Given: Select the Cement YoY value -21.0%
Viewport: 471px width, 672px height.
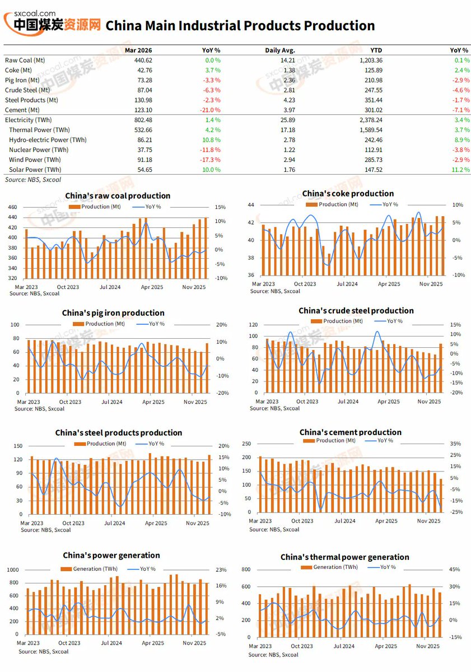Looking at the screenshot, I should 210,110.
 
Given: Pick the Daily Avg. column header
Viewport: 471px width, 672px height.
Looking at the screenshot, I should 279,50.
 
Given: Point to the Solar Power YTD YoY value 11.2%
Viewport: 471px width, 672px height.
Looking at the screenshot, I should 460,170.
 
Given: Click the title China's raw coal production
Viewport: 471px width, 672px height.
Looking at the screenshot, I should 118,195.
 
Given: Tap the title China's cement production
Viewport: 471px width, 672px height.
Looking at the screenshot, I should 350,432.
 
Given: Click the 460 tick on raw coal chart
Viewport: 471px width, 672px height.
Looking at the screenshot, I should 12,207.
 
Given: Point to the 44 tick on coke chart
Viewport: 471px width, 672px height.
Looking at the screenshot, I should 251,205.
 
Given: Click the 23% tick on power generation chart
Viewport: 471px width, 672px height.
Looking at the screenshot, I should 222,570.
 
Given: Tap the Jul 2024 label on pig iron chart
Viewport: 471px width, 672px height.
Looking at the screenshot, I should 111,402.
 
